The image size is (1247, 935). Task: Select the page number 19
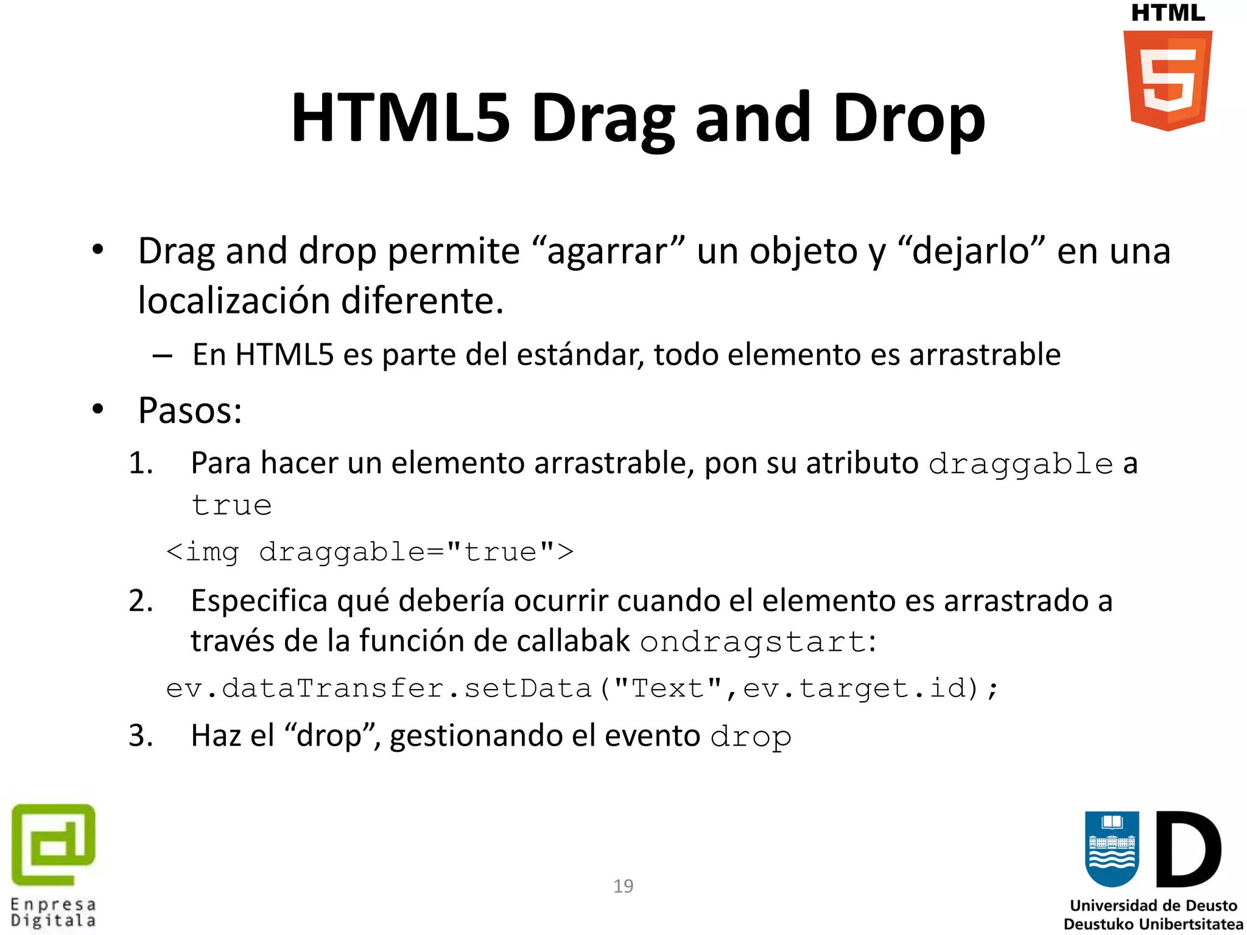[x=623, y=886]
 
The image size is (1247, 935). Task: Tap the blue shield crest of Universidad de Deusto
[x=1112, y=849]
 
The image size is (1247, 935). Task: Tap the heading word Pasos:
[x=190, y=410]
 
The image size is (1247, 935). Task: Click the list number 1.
[x=141, y=463]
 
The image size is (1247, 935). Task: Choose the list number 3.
[x=141, y=735]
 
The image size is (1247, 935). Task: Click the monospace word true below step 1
[x=231, y=505]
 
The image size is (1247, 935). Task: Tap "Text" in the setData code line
[x=667, y=688]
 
